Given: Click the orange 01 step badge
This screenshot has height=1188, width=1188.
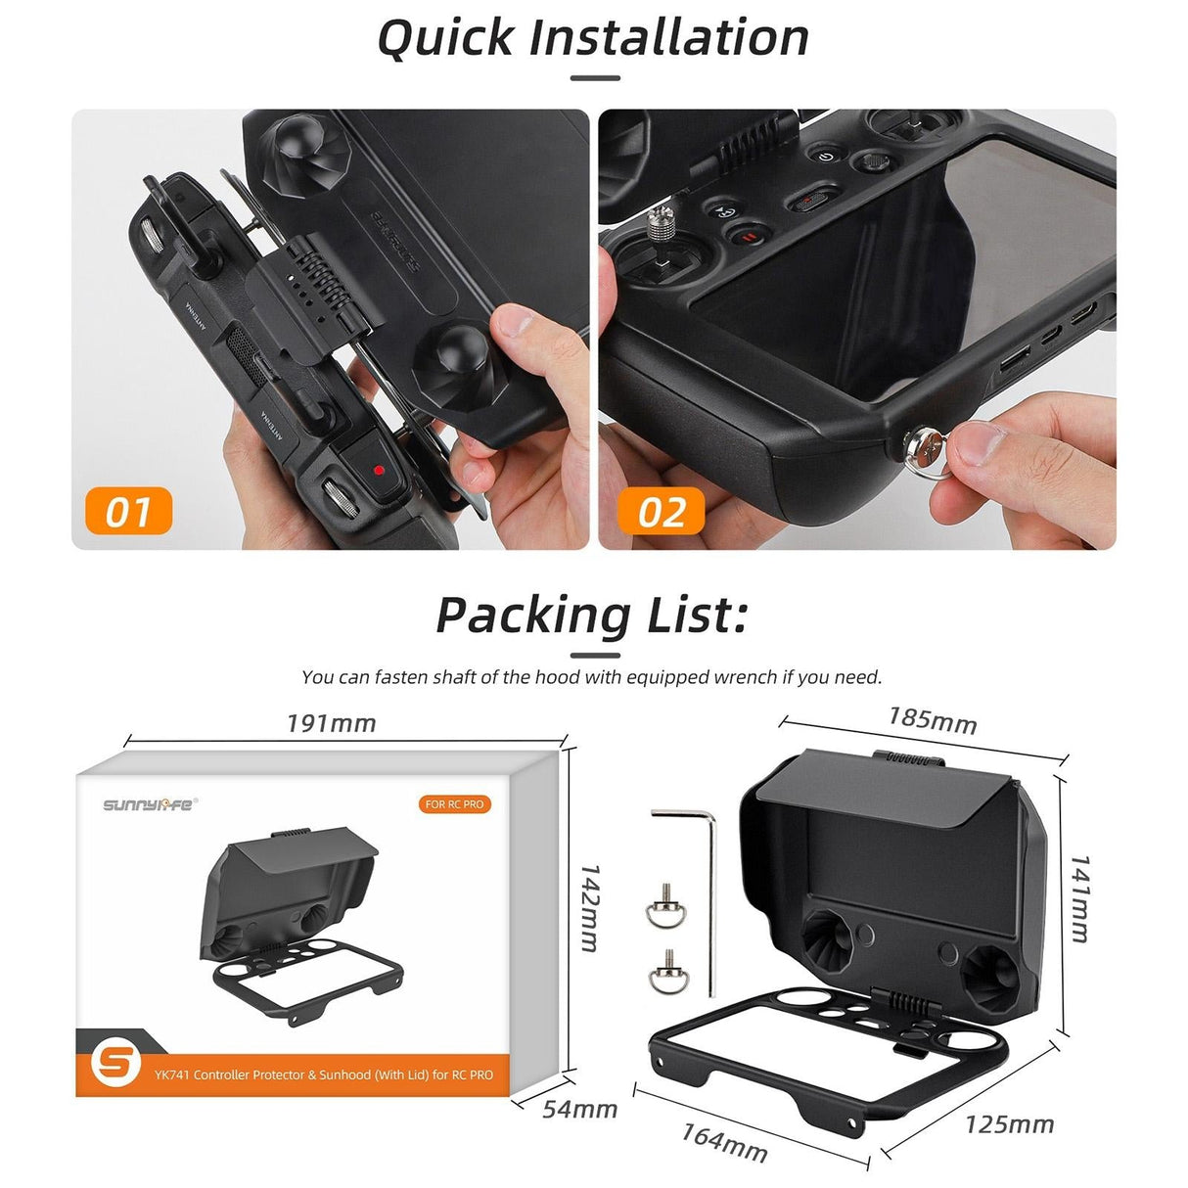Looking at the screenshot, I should (x=128, y=511).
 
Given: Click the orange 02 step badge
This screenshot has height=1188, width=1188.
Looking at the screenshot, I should (x=661, y=511).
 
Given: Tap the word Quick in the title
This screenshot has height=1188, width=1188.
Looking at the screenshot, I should (x=445, y=38).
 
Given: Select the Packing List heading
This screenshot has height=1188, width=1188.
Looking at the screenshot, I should (x=592, y=616).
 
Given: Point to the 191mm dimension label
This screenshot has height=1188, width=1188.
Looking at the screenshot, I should (x=331, y=723).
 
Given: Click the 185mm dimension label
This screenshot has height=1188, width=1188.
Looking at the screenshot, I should (x=932, y=719).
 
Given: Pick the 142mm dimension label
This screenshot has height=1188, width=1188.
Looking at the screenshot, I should (x=590, y=907).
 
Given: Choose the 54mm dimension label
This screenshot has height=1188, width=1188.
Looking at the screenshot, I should (x=580, y=1109).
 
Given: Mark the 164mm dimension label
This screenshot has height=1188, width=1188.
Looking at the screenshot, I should (x=724, y=1142).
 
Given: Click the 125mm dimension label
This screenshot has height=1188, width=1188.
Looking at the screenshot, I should (x=1009, y=1124).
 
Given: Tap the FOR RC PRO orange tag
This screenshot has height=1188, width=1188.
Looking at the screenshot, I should (x=454, y=804).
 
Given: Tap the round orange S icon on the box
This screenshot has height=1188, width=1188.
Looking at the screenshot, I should (x=115, y=1062).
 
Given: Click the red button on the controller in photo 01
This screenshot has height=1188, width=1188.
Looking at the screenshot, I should (x=378, y=470).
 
